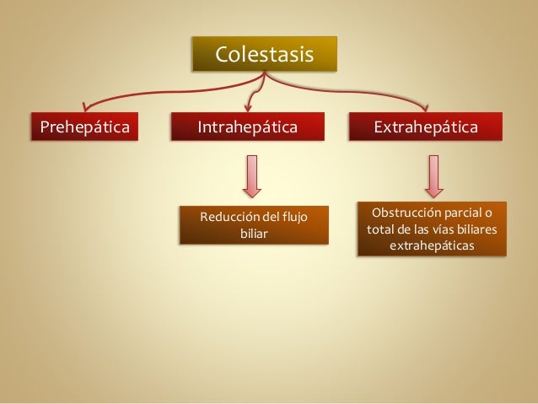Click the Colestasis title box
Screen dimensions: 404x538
tap(264, 55)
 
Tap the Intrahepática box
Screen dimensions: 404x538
tap(247, 127)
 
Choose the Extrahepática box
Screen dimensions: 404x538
tap(427, 127)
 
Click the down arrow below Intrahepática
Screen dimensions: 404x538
tap(252, 175)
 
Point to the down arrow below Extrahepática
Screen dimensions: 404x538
tap(434, 175)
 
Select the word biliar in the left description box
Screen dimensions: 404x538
tap(254, 234)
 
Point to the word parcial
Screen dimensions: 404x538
tap(465, 211)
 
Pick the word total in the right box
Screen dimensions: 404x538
tap(379, 229)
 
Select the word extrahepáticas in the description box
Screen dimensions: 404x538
tap(432, 245)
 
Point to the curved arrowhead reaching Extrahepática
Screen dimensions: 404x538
tap(426, 107)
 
